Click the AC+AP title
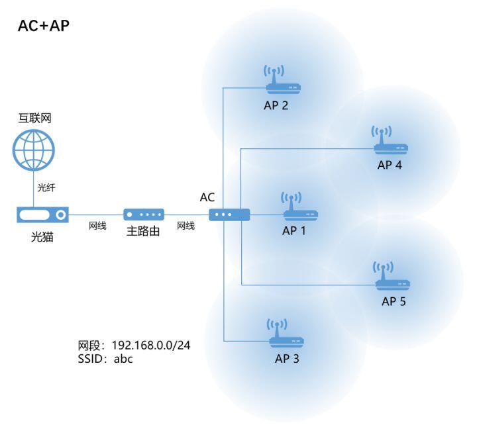(x=44, y=26)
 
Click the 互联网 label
(x=34, y=119)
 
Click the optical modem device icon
(x=43, y=215)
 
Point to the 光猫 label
(x=42, y=236)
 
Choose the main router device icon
(x=144, y=215)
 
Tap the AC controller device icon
(x=229, y=215)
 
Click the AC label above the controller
(x=207, y=197)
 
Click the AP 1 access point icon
(x=300, y=207)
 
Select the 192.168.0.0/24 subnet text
(x=151, y=346)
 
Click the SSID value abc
(x=124, y=359)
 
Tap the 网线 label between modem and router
(x=97, y=226)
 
